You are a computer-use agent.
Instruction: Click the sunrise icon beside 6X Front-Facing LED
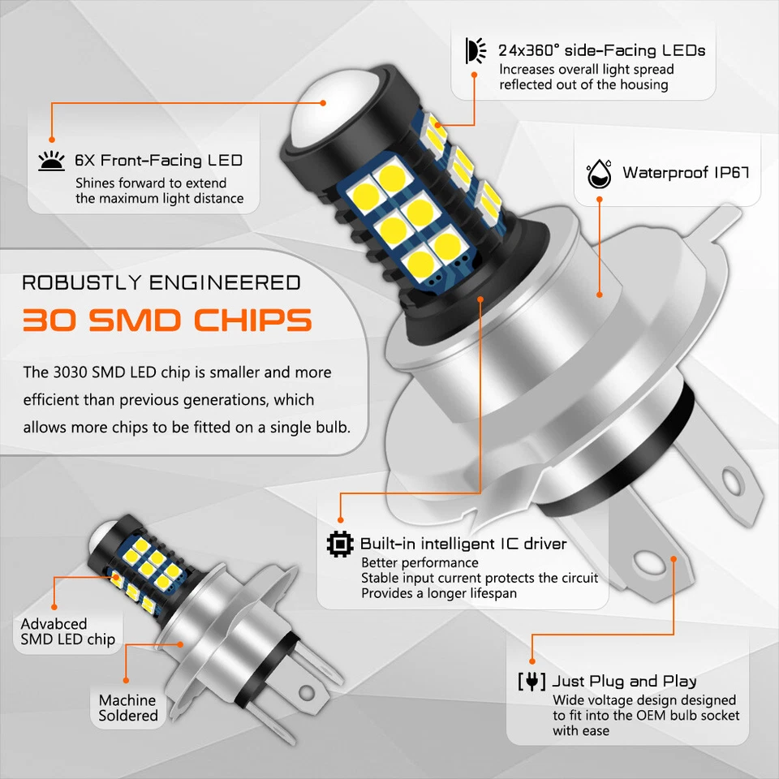click(x=52, y=161)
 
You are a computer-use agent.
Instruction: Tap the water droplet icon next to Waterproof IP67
click(x=598, y=173)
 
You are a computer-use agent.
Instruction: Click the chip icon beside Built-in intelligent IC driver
click(x=340, y=544)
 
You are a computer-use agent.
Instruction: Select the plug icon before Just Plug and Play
click(x=532, y=681)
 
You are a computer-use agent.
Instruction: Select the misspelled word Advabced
click(x=54, y=623)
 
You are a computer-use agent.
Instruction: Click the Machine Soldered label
click(x=127, y=708)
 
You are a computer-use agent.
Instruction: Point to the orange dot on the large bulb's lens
click(x=323, y=103)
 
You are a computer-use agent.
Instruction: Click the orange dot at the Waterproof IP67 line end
click(x=599, y=295)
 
